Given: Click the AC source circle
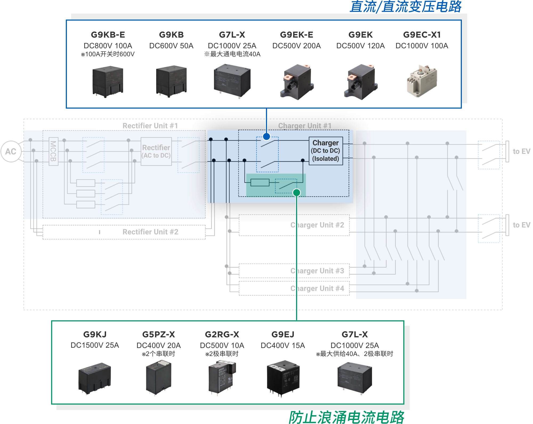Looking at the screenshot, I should coord(11,151).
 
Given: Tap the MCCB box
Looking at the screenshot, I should coord(53,151).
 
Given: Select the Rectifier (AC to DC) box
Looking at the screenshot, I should coord(156,151).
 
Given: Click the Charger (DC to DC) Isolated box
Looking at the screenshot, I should coord(326,151).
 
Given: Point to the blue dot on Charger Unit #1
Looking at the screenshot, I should coord(266,137).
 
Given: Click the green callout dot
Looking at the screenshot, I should coord(297,193).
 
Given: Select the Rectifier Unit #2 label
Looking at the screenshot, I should coord(150,232).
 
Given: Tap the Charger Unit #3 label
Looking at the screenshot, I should coord(317,271).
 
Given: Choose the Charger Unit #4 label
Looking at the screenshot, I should coord(317,288).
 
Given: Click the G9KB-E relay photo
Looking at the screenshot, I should coord(108,82).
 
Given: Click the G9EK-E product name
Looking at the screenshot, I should coord(296,35).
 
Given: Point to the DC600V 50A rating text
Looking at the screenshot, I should coord(171,46).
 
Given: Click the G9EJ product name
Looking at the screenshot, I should coord(283,334).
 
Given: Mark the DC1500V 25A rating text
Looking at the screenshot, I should coord(95,345).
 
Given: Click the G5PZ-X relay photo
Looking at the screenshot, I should coord(159,377).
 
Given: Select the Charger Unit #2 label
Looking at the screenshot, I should coord(317,225).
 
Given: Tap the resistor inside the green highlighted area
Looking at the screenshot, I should coord(260,182).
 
